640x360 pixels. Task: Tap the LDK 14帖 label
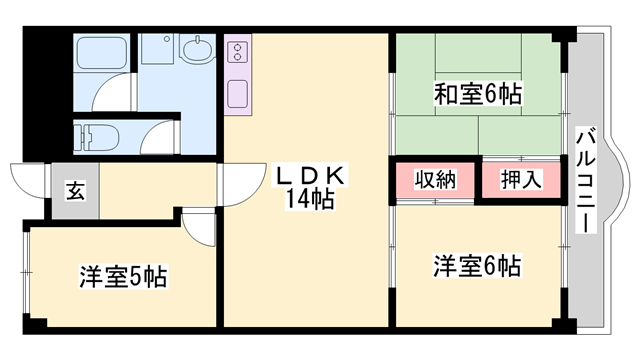pyautogui.click(x=310, y=186)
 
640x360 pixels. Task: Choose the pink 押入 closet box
pyautogui.click(x=520, y=181)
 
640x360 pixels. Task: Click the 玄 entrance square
pyautogui.click(x=76, y=187)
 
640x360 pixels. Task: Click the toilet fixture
pyautogui.click(x=96, y=133)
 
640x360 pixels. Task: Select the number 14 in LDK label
pyautogui.click(x=297, y=197)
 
